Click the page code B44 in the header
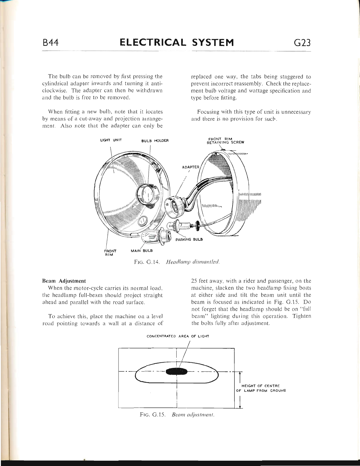point(51,43)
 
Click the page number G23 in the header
point(302,43)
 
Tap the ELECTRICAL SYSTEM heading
point(177,43)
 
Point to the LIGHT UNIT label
point(111,140)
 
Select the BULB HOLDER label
point(155,141)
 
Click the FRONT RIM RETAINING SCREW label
point(225,141)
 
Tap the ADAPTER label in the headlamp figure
point(191,167)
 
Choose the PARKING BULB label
point(189,239)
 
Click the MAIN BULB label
point(142,251)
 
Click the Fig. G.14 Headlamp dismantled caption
point(177,262)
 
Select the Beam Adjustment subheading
point(64,281)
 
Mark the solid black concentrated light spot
point(176,371)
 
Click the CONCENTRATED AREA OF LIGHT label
point(178,336)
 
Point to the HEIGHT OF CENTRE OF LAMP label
point(261,388)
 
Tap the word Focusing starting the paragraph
point(208,112)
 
